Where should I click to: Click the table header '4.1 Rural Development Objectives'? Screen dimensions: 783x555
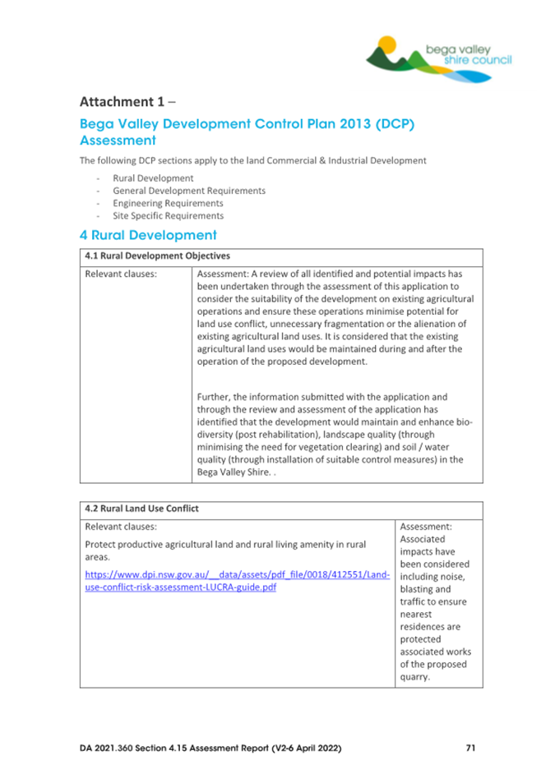[x=157, y=256]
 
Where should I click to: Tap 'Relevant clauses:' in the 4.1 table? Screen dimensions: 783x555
[x=122, y=274]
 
